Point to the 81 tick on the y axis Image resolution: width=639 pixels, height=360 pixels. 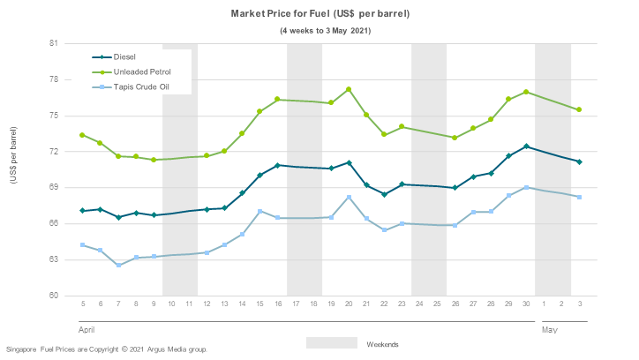[53, 43]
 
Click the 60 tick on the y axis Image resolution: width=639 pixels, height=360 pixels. [53, 296]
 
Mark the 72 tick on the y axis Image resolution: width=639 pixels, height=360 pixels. [53, 152]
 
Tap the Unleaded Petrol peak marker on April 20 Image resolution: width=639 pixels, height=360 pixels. [349, 89]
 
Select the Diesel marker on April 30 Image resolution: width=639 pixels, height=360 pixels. [526, 146]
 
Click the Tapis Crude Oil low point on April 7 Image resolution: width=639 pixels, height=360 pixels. [118, 265]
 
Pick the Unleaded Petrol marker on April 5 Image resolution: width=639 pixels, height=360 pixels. [82, 135]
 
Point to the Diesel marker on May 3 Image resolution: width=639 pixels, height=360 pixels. [579, 161]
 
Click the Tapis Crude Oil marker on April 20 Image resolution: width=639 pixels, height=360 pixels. [349, 197]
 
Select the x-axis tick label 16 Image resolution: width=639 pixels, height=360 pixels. [277, 304]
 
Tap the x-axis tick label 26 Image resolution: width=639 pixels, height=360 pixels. [455, 304]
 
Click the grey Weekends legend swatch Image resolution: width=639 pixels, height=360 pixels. [332, 342]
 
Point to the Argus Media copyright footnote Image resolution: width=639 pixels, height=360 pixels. [107, 349]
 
